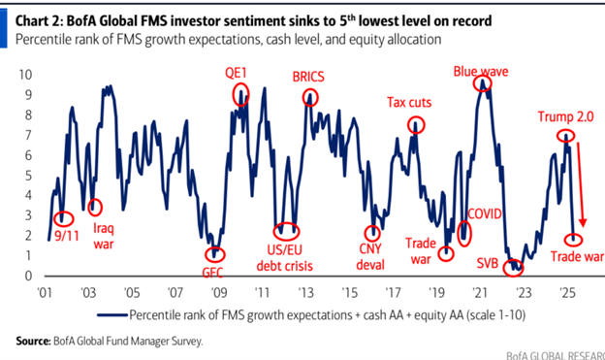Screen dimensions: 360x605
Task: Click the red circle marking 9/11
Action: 64,219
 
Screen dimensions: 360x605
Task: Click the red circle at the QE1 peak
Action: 239,94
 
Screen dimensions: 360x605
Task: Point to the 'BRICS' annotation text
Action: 310,76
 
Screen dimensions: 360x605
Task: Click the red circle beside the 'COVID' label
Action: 464,232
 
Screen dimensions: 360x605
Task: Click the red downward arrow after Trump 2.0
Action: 580,184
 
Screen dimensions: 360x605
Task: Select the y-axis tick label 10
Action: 26,74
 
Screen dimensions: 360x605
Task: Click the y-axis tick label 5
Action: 30,175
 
